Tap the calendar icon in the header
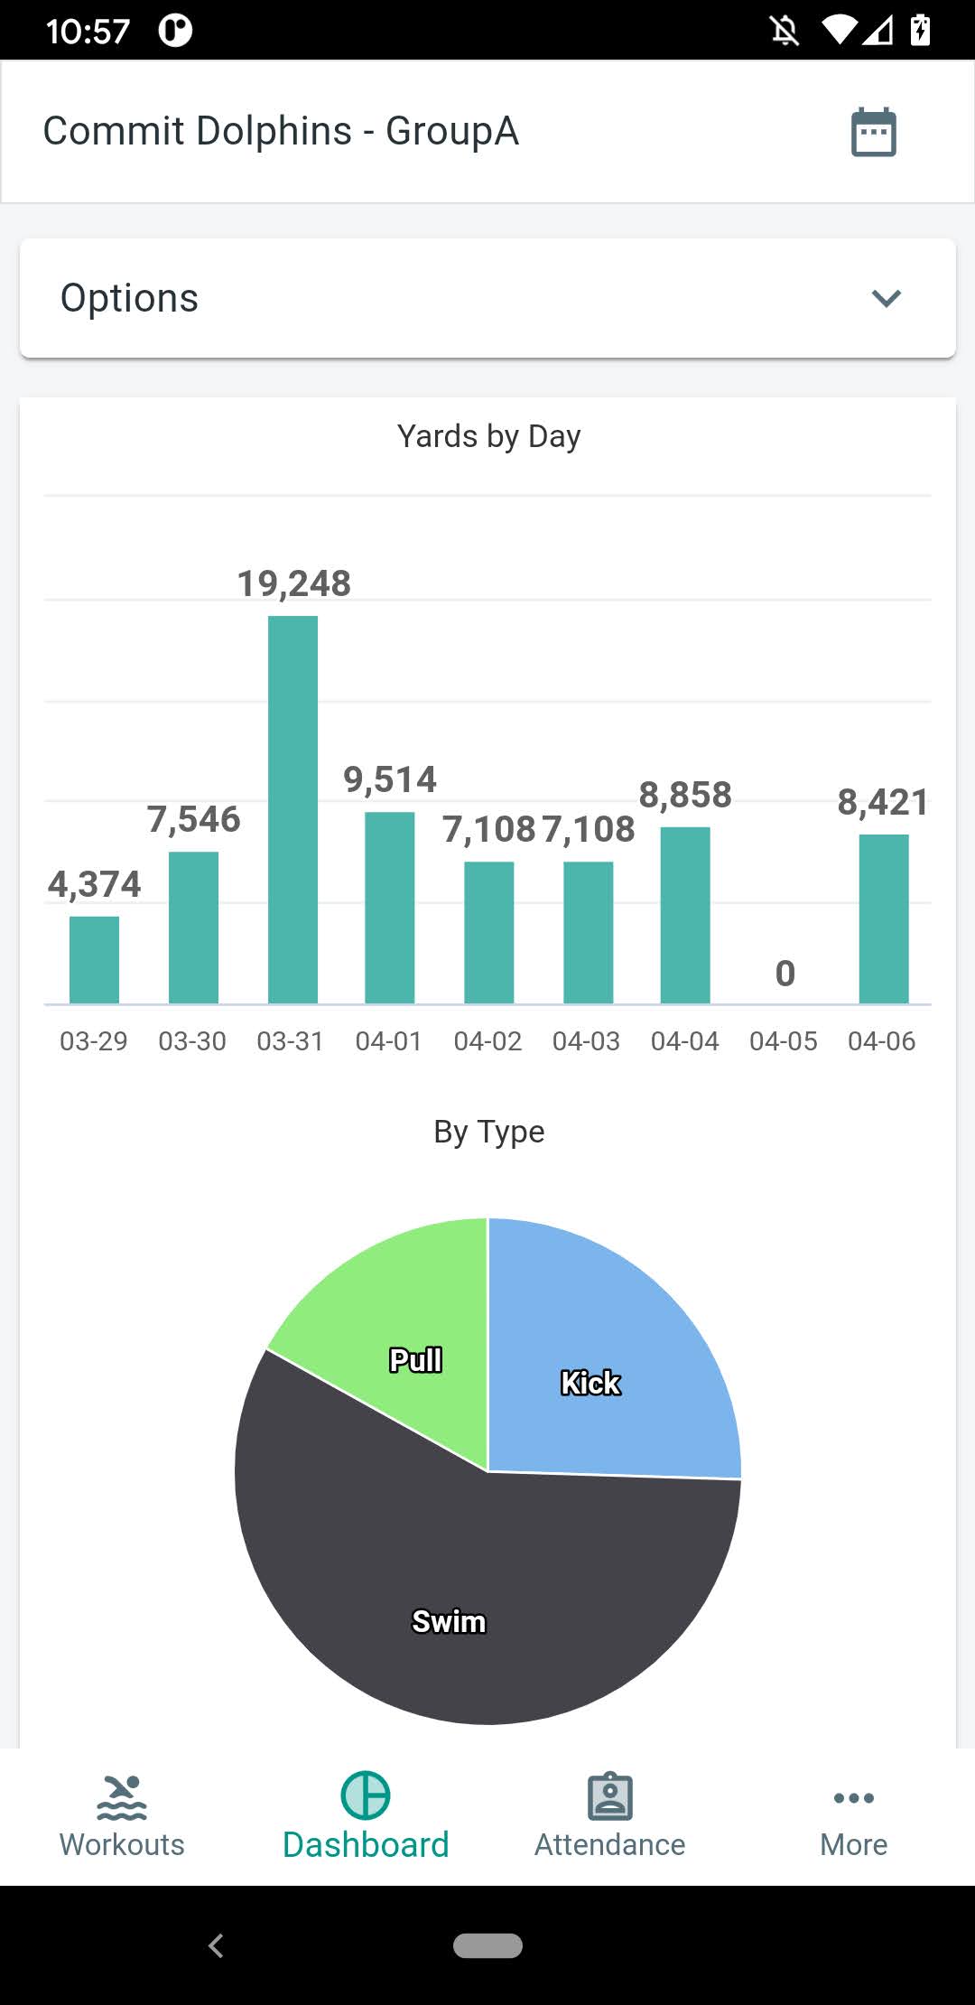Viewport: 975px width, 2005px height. click(x=873, y=132)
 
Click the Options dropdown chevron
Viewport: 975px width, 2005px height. click(x=886, y=298)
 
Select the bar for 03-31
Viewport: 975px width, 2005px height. click(x=292, y=809)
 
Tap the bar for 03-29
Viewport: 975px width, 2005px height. click(x=94, y=959)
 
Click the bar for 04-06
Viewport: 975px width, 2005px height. click(x=883, y=919)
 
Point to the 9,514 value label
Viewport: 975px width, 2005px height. click(x=390, y=779)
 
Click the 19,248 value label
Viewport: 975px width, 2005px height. click(x=293, y=583)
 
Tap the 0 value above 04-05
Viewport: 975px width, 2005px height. click(x=785, y=974)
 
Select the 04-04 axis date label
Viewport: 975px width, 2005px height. click(x=684, y=1041)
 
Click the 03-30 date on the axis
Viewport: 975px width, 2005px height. click(x=192, y=1041)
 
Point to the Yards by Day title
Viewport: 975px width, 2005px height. click(x=488, y=436)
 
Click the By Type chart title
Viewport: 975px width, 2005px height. click(x=488, y=1132)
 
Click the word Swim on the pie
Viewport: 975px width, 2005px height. click(x=449, y=1622)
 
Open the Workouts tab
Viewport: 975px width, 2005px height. click(x=122, y=1815)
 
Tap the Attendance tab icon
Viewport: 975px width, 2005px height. click(x=609, y=1796)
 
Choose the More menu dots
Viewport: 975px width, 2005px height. click(x=853, y=1797)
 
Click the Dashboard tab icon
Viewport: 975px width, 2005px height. click(x=366, y=1795)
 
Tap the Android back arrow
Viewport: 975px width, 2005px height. click(x=216, y=1945)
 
